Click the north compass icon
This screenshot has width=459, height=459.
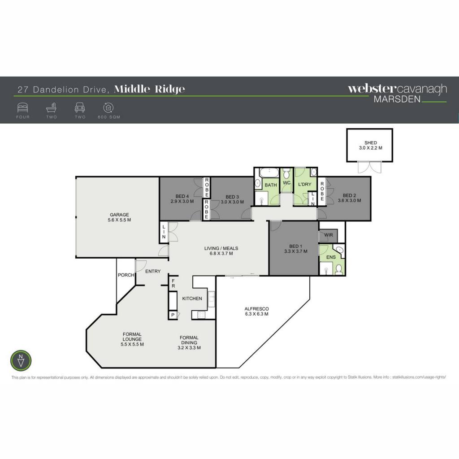pyautogui.click(x=21, y=360)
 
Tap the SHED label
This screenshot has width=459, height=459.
pyautogui.click(x=371, y=143)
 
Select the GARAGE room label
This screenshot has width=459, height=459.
pyautogui.click(x=119, y=215)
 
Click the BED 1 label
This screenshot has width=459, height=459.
pyautogui.click(x=296, y=246)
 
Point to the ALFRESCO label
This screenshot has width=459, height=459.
pyautogui.click(x=257, y=308)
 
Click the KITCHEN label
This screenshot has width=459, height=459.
pyautogui.click(x=192, y=298)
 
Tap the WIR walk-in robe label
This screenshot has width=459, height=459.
pyautogui.click(x=329, y=235)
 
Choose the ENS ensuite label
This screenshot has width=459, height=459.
pyautogui.click(x=331, y=257)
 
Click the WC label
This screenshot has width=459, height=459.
pyautogui.click(x=286, y=183)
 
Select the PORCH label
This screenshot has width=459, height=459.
pyautogui.click(x=126, y=275)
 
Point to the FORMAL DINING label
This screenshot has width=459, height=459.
pyautogui.click(x=189, y=340)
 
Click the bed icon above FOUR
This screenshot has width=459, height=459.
pyautogui.click(x=23, y=108)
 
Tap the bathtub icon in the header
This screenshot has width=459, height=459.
pyautogui.click(x=52, y=108)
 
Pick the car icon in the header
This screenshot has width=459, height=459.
pyautogui.click(x=80, y=108)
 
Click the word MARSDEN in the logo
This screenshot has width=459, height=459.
pyautogui.click(x=397, y=99)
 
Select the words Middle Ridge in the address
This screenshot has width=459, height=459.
pyautogui.click(x=149, y=89)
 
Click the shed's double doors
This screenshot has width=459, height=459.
pyautogui.click(x=370, y=167)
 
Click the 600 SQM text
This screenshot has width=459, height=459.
pyautogui.click(x=109, y=117)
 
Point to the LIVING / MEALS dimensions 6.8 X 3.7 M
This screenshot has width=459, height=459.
pyautogui.click(x=221, y=254)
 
